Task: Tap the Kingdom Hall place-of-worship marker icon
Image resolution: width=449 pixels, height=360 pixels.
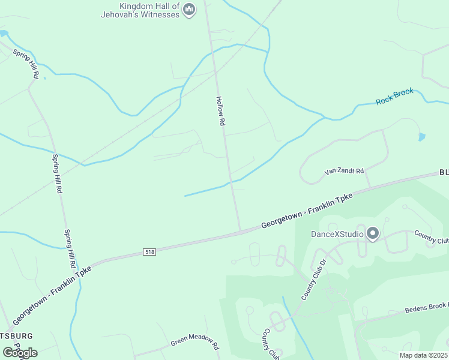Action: point(190,9)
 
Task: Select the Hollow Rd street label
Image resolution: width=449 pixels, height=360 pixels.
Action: point(220,111)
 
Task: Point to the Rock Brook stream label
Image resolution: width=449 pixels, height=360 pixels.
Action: point(394,97)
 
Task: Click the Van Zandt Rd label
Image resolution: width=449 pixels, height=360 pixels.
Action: point(344,171)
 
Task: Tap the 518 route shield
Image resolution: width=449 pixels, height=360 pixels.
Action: point(149,251)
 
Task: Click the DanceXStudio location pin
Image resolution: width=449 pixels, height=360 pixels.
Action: point(373,233)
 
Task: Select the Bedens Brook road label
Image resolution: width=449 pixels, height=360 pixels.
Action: point(426,308)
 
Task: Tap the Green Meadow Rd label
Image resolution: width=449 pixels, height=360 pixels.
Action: point(195,341)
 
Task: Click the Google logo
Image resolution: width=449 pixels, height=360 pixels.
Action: point(20,352)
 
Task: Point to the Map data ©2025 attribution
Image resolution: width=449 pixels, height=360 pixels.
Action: point(423,355)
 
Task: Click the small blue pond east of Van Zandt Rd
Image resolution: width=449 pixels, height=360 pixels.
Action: point(421,137)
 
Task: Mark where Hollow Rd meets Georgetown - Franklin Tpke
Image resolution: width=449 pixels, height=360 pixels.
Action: point(241,232)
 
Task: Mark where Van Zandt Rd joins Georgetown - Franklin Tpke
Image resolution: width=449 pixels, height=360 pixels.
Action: point(369,187)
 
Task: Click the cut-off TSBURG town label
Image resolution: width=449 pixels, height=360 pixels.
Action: point(16,335)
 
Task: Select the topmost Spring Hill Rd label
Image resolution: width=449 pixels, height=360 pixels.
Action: point(26,63)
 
